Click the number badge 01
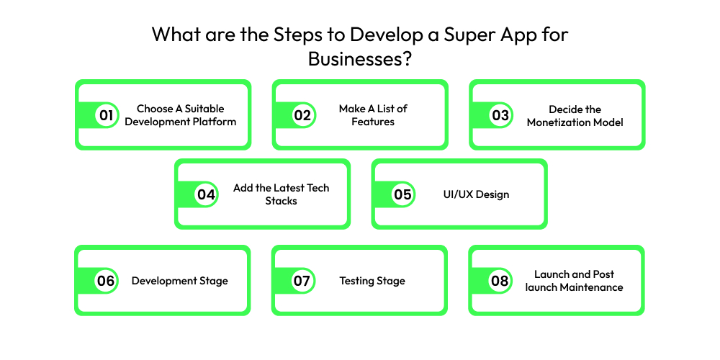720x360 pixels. (107, 115)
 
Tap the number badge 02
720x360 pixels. (303, 115)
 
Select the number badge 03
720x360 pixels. (500, 115)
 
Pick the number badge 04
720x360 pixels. (206, 194)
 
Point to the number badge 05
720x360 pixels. (402, 194)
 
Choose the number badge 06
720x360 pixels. (106, 281)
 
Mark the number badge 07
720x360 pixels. (302, 281)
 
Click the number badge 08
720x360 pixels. (500, 281)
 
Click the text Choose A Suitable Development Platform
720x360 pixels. (180, 115)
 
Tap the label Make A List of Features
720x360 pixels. (373, 115)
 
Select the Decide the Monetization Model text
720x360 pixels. (575, 115)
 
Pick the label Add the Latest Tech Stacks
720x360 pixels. (281, 194)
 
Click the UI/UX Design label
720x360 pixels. (477, 194)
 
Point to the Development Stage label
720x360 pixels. (179, 281)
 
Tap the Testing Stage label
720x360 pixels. (372, 281)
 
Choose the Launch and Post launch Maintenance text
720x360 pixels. (574, 281)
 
